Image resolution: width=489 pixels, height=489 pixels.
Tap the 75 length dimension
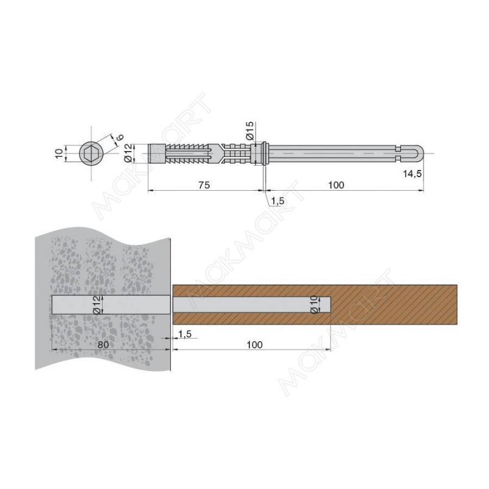point(204,185)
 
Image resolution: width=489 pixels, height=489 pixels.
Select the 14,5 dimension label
point(412,174)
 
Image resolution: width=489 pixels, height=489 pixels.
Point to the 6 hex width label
point(120,137)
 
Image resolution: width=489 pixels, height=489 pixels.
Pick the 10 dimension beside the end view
point(59,153)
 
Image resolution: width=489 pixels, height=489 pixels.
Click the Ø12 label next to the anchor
point(128,153)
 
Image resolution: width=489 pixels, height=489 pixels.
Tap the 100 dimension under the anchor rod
point(336,185)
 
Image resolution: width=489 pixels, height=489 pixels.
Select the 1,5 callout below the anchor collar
point(278,201)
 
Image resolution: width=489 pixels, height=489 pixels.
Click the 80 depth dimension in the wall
point(103,345)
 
